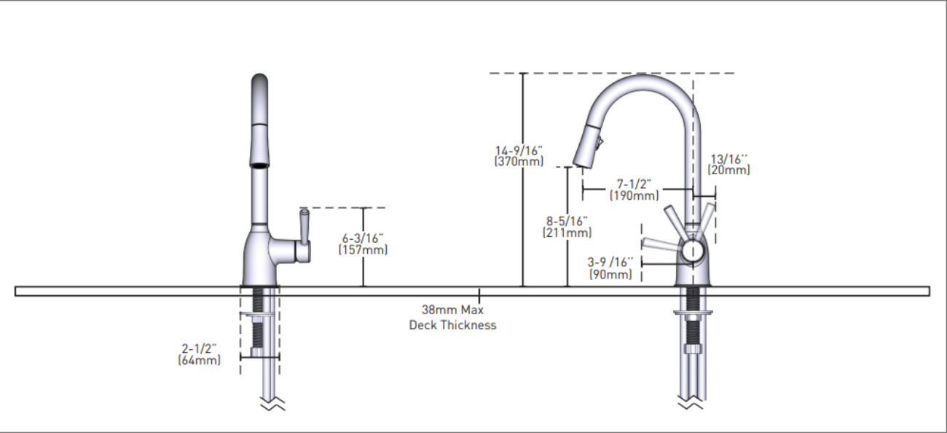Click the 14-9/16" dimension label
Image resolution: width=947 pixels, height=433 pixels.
pyautogui.click(x=519, y=150)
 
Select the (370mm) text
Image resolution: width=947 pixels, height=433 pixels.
pyautogui.click(x=519, y=161)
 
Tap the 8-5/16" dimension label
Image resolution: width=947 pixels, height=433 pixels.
pyautogui.click(x=567, y=222)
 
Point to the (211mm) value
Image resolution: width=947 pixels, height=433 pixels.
pyautogui.click(x=567, y=233)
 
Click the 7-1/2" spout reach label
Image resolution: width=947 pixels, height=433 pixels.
pyautogui.click(x=634, y=183)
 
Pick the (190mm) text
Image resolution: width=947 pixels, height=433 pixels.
pyautogui.click(x=634, y=195)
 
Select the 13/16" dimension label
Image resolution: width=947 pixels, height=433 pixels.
pyautogui.click(x=729, y=158)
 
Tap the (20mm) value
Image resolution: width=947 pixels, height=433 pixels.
pyautogui.click(x=729, y=170)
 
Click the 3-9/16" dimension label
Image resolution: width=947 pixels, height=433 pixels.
pyautogui.click(x=610, y=262)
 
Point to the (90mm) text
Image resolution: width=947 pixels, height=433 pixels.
pyautogui.click(x=610, y=275)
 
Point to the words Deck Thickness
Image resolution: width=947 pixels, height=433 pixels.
pyautogui.click(x=452, y=325)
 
